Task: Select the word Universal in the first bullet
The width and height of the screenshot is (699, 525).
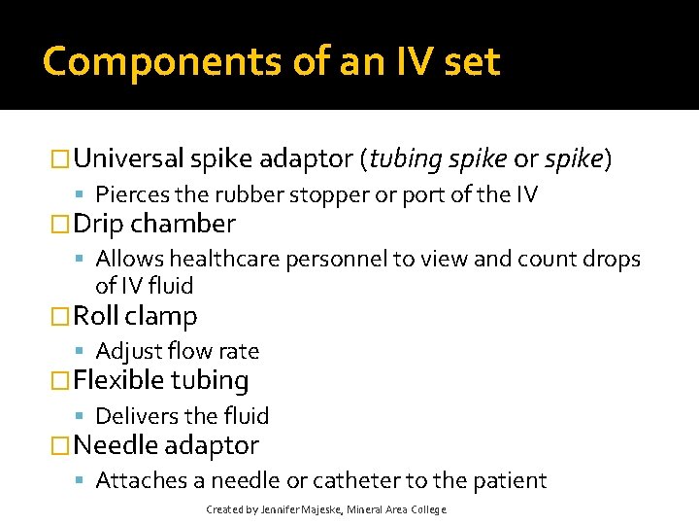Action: tap(129, 158)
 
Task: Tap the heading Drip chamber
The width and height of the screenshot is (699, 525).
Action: tap(154, 224)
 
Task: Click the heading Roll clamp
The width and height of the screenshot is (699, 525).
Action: tap(135, 316)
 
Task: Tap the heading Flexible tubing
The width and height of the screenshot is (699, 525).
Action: tap(161, 380)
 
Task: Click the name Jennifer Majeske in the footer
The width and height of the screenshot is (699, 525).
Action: tap(300, 509)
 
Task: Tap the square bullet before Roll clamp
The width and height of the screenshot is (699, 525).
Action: tap(61, 317)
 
